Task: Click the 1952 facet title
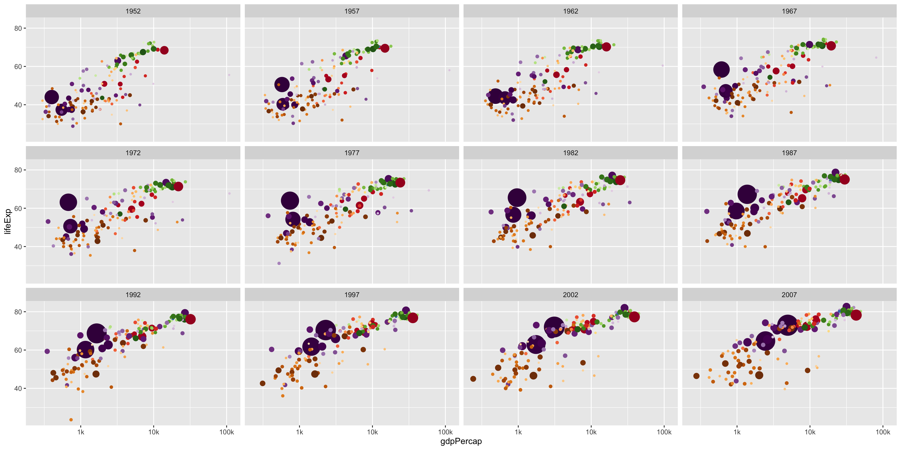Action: tap(133, 11)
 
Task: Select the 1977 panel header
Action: tap(351, 153)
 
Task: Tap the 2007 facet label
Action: tap(789, 295)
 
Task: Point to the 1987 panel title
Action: tap(789, 153)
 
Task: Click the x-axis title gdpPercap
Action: tap(461, 441)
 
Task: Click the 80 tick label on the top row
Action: tap(18, 28)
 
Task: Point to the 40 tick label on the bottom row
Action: tap(18, 388)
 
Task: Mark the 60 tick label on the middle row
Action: tap(18, 208)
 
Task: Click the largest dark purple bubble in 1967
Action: tap(721, 70)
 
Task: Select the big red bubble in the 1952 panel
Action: tap(164, 50)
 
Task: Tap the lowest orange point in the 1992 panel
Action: tap(71, 420)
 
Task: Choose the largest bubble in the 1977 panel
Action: tap(290, 201)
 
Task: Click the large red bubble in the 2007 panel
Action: tap(856, 315)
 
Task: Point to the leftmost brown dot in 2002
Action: tap(473, 379)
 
